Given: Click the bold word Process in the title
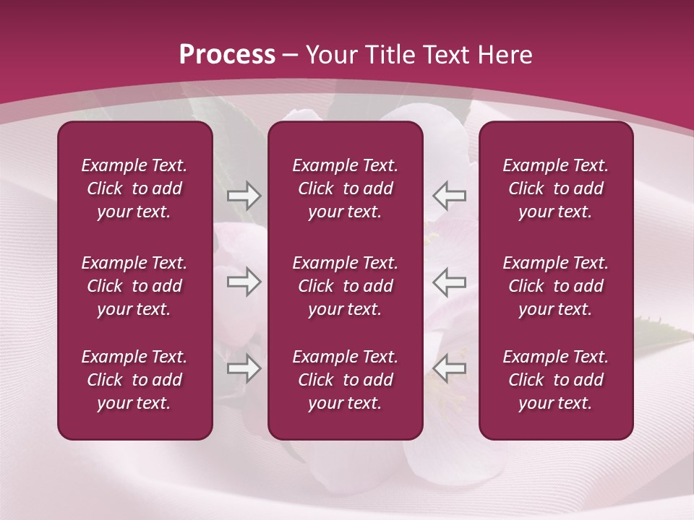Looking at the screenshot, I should click(x=227, y=55).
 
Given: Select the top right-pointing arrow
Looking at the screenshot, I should click(x=244, y=196).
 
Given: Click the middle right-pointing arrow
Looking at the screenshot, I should click(x=244, y=282).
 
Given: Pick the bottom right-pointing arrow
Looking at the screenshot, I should click(x=244, y=368).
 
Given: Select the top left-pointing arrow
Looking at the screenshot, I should click(x=449, y=196).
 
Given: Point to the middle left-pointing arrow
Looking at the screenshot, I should click(x=449, y=282).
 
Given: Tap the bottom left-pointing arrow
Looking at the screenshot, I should click(x=449, y=368).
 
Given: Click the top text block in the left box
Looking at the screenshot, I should click(x=134, y=188).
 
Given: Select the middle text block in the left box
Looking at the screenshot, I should click(x=134, y=286).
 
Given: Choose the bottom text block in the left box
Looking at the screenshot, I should click(x=134, y=380).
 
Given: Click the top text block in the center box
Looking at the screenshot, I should click(x=345, y=188).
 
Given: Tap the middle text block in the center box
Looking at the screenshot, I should click(x=345, y=286).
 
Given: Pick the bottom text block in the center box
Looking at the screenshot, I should click(x=345, y=380).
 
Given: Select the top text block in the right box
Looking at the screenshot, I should click(x=555, y=188).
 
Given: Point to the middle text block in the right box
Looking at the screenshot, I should click(x=555, y=286).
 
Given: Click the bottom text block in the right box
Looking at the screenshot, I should click(x=555, y=380).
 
